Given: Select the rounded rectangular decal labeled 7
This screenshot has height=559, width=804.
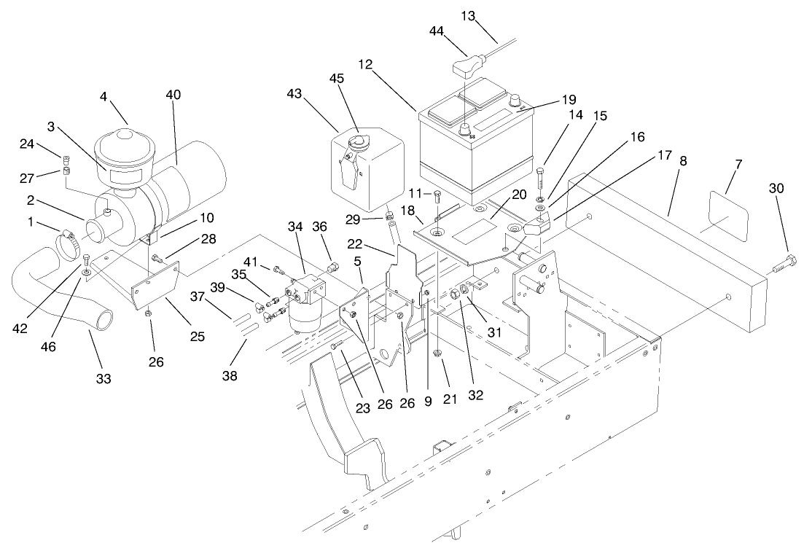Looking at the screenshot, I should tap(726, 216).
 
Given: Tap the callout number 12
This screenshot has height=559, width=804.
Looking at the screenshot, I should tap(365, 64).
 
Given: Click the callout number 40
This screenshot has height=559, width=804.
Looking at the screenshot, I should tap(173, 95).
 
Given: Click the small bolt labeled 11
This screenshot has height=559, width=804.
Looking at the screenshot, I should tap(437, 195).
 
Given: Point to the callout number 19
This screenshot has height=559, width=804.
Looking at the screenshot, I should tap(569, 99).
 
